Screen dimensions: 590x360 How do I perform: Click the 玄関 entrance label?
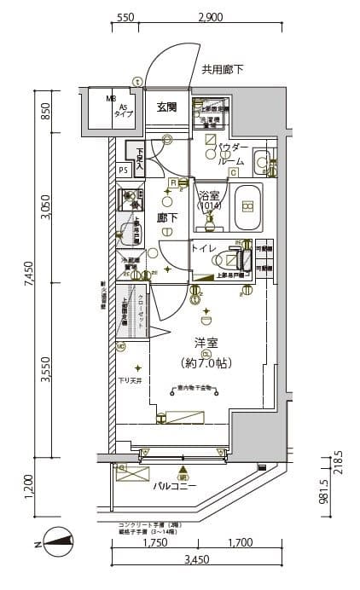pyautogui.click(x=166, y=107)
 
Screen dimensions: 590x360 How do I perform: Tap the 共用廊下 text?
pyautogui.click(x=222, y=70)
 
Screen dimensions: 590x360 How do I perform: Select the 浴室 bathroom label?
pyautogui.click(x=208, y=195)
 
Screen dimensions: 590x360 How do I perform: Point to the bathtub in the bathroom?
pyautogui.click(x=248, y=206)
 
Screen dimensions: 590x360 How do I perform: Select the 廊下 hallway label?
pyautogui.click(x=167, y=218)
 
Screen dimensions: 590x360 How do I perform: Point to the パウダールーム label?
pyautogui.click(x=229, y=155)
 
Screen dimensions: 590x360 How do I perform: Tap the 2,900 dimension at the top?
pyautogui.click(x=210, y=17)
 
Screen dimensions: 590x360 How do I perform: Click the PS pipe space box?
pyautogui.click(x=124, y=170)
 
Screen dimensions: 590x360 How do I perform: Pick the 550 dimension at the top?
pyautogui.click(x=125, y=17)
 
